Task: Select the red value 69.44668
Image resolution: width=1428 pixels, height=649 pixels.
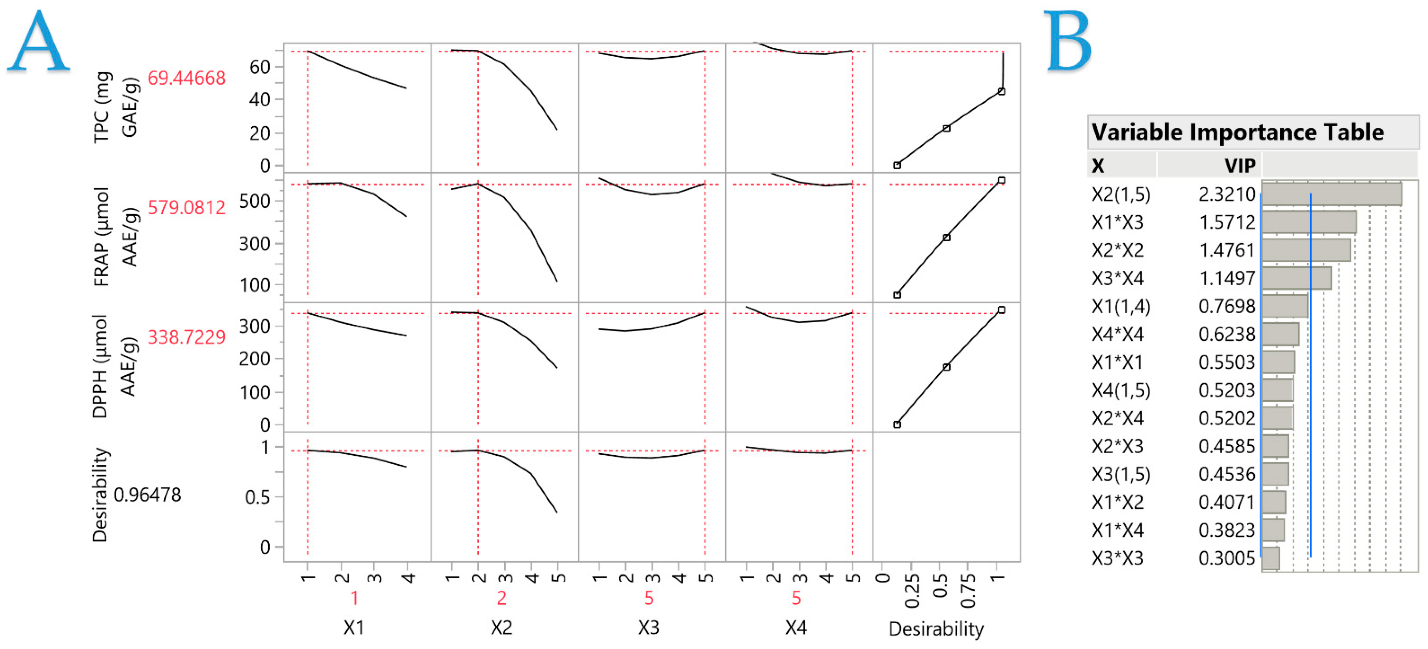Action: (x=186, y=78)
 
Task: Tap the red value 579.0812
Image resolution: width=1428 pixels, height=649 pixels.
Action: (x=186, y=208)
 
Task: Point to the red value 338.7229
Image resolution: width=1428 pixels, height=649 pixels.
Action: (x=186, y=337)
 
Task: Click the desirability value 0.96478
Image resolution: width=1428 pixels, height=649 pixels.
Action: (x=147, y=494)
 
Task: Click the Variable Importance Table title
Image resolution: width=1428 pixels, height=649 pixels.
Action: (x=1237, y=133)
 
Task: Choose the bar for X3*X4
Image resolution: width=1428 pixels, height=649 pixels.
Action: (x=1296, y=278)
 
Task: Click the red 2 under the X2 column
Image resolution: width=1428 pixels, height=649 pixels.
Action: (x=501, y=598)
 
